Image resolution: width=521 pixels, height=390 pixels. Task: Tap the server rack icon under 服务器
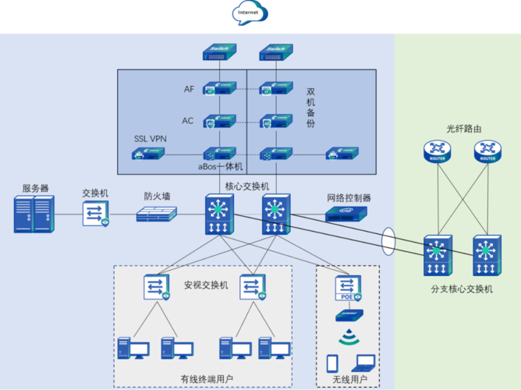(x=34, y=214)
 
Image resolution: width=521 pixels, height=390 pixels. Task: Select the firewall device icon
(x=157, y=214)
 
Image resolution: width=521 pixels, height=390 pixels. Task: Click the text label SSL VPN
(x=150, y=139)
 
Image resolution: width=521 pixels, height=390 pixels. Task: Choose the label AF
(x=189, y=89)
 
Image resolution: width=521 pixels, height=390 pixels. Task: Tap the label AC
(x=188, y=121)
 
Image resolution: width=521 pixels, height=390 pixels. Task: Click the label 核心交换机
(x=246, y=186)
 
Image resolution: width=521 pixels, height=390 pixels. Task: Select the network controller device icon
(x=349, y=213)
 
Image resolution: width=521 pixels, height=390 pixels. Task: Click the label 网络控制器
(x=349, y=198)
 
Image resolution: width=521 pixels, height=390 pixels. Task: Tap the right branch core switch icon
(x=487, y=256)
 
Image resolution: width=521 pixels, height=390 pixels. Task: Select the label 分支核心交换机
(x=462, y=289)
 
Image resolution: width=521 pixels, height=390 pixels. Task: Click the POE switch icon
(x=348, y=289)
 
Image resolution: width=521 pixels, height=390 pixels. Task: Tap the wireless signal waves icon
(x=349, y=338)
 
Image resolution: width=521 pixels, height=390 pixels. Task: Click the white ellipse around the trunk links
(x=389, y=240)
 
